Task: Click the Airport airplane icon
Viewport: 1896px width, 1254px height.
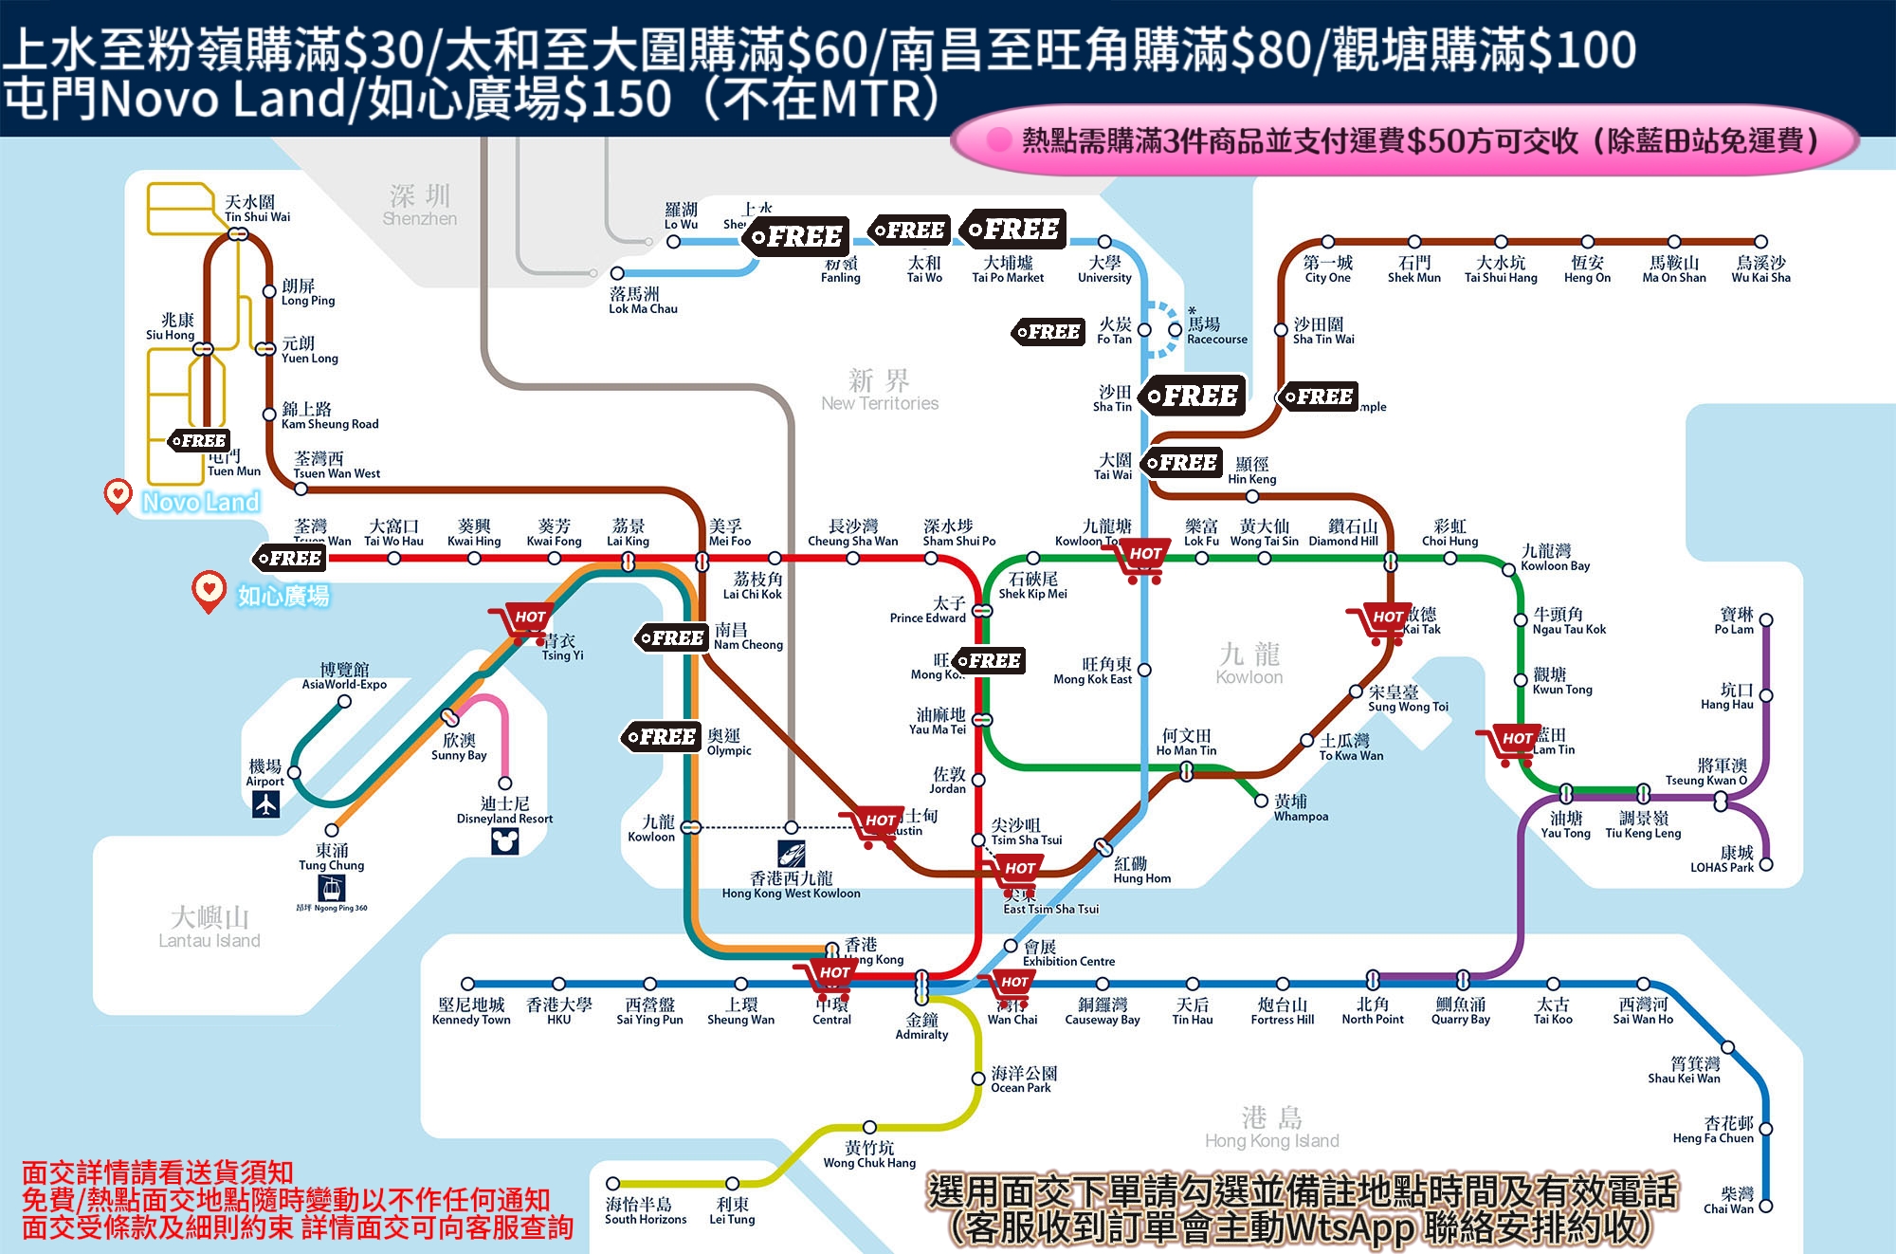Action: pyautogui.click(x=266, y=803)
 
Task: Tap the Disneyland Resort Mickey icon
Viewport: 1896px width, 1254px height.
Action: pyautogui.click(x=505, y=840)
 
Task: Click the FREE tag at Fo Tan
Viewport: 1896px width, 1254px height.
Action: pyautogui.click(x=1048, y=332)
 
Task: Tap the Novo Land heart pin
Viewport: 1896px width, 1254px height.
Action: pyautogui.click(x=118, y=494)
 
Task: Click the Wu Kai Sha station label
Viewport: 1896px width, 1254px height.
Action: pyautogui.click(x=1760, y=269)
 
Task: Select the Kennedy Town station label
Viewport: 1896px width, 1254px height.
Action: pyautogui.click(x=471, y=1011)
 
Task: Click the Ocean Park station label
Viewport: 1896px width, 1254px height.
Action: pyautogui.click(x=1023, y=1079)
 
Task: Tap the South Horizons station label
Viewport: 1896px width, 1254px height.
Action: pyautogui.click(x=645, y=1210)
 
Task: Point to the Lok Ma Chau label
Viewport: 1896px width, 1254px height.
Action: pyautogui.click(x=643, y=301)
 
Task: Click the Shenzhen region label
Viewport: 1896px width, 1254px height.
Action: pyautogui.click(x=420, y=206)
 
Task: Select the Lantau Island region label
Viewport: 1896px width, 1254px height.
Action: pyautogui.click(x=210, y=927)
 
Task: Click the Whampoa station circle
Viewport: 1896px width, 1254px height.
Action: pyautogui.click(x=1261, y=802)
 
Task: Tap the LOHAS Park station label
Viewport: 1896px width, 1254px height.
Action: pyautogui.click(x=1722, y=859)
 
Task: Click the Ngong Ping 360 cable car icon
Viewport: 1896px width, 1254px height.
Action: pyautogui.click(x=331, y=888)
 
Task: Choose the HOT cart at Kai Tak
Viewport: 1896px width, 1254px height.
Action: pyautogui.click(x=1379, y=622)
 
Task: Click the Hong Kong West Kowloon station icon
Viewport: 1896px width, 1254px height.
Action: pyautogui.click(x=792, y=853)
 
